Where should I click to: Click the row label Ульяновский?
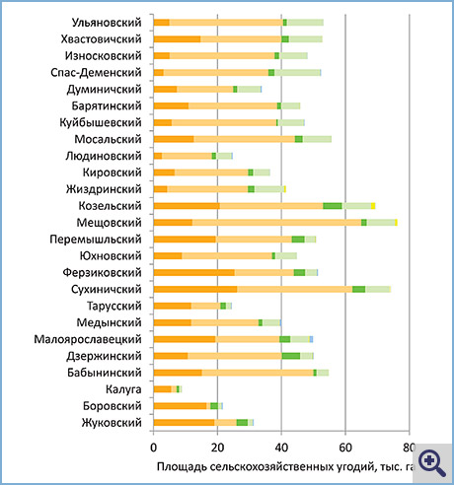click(x=107, y=23)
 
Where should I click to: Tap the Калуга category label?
click(x=123, y=389)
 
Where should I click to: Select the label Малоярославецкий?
click(x=88, y=339)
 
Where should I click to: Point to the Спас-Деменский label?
click(x=96, y=73)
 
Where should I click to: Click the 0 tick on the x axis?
click(x=153, y=448)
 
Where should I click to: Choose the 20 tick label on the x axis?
click(x=217, y=448)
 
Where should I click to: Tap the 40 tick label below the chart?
click(x=281, y=448)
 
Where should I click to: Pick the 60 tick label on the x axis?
click(x=345, y=448)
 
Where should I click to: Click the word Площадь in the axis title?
click(x=182, y=466)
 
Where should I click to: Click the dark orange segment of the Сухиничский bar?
click(x=195, y=289)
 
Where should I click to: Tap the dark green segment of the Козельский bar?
click(x=333, y=206)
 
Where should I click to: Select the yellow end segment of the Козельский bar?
click(x=373, y=206)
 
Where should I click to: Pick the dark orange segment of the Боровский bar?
click(x=180, y=406)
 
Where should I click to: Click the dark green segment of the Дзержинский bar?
click(x=291, y=356)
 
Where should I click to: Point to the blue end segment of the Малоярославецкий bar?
click(x=311, y=339)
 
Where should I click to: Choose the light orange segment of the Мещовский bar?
click(x=276, y=223)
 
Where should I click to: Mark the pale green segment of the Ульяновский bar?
click(x=305, y=23)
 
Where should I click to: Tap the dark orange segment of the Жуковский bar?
click(x=184, y=423)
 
